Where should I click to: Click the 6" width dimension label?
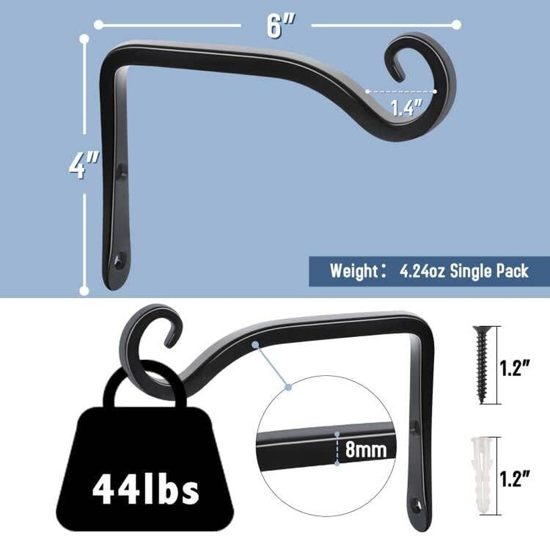(275, 25)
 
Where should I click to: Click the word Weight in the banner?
(352, 271)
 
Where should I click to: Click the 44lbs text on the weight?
(145, 490)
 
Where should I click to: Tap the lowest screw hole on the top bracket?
(121, 258)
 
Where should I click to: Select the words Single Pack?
(489, 271)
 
